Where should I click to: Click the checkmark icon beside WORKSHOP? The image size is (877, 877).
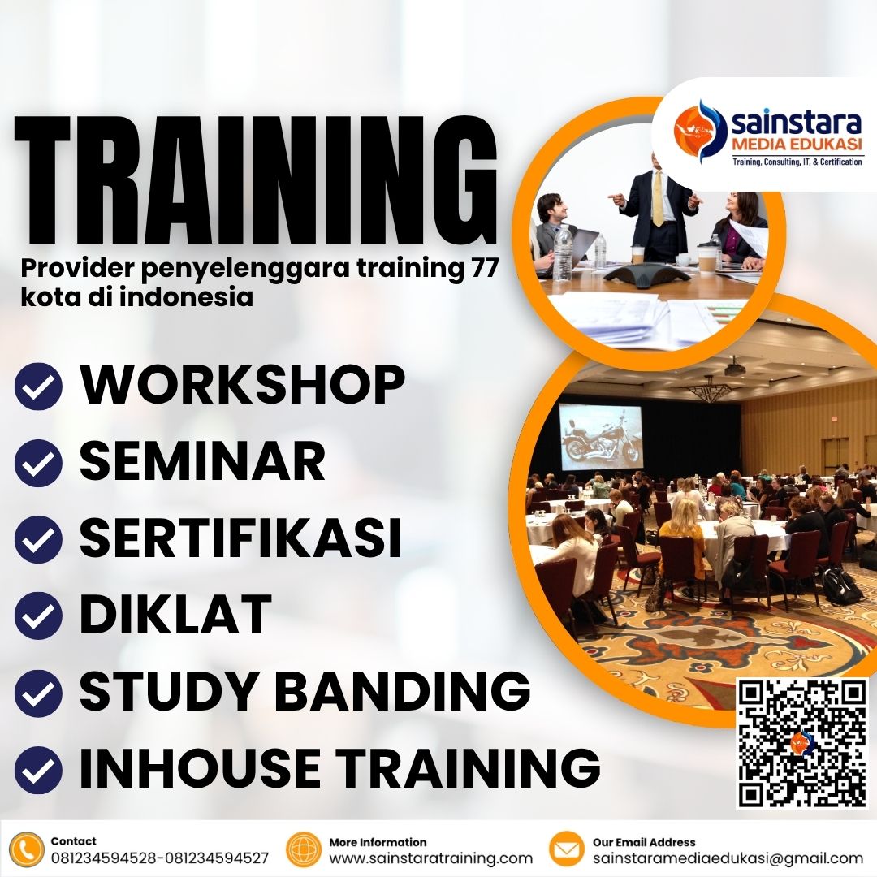(38, 387)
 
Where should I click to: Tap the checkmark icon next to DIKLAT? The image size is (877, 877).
(38, 616)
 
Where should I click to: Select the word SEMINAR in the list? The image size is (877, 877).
(202, 460)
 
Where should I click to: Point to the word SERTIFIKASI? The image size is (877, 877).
(240, 538)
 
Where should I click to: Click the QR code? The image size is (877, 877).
(801, 743)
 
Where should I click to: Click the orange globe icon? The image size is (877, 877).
(305, 849)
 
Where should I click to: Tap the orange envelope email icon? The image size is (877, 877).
(567, 849)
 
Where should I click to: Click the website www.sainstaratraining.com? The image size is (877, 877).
(430, 858)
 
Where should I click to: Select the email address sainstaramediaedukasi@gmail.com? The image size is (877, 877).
(728, 858)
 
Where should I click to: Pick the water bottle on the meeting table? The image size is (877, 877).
(563, 252)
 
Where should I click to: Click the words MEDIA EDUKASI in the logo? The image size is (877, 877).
(797, 145)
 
